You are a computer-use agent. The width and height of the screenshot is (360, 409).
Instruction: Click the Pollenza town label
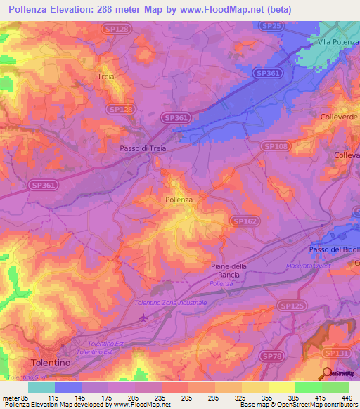pos(179,200)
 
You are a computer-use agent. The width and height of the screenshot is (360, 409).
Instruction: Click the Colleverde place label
pos(339,116)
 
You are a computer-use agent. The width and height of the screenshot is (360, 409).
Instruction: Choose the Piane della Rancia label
pos(230,270)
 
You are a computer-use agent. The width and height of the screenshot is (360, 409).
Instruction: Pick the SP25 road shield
pos(271,25)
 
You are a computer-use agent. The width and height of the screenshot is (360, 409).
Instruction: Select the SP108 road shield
pos(275,145)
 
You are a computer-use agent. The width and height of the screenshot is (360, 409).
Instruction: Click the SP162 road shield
pos(243,221)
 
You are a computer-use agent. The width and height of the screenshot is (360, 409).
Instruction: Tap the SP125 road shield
pos(289,306)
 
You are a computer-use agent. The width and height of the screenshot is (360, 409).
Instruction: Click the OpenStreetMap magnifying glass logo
pos(327,373)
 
